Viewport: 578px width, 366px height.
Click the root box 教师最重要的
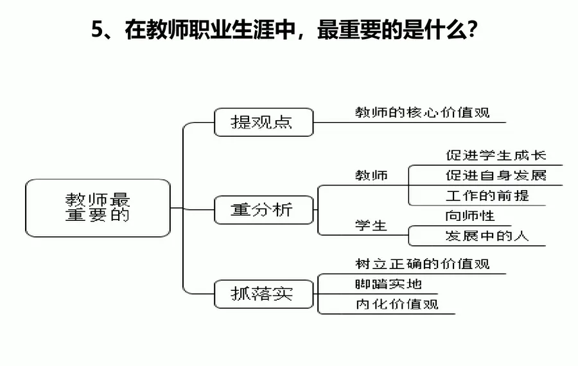coord(98,207)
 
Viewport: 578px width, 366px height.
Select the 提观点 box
coord(263,122)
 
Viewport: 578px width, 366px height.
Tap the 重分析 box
coord(263,210)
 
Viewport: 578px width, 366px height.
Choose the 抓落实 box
coord(263,294)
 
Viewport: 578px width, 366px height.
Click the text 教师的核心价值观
coord(422,112)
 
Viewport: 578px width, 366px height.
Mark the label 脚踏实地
coord(389,284)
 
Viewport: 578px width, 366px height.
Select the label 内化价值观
coord(397,304)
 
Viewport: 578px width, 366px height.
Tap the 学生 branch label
coord(371,225)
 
